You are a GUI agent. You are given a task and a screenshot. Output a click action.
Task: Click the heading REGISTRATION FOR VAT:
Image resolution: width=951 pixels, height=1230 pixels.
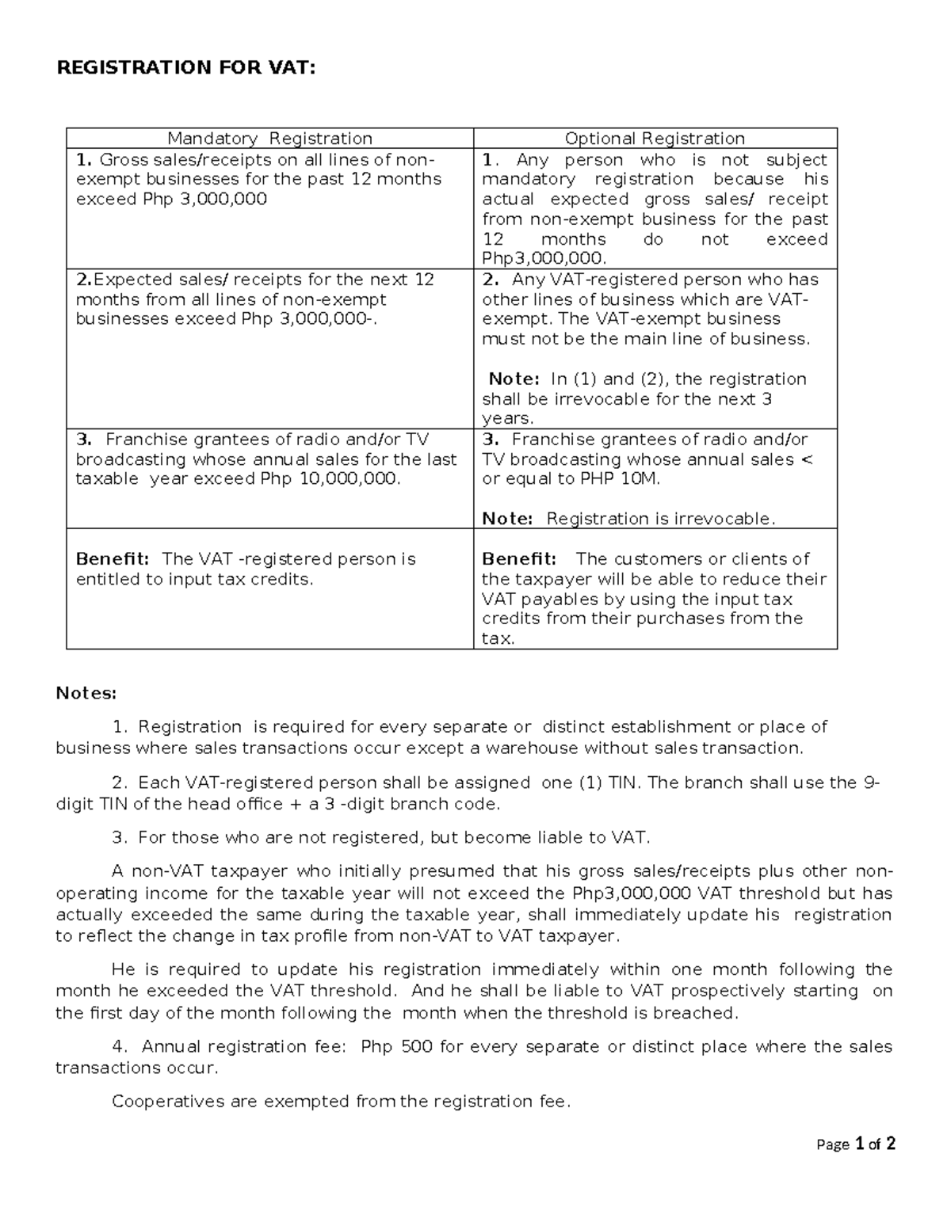(x=185, y=68)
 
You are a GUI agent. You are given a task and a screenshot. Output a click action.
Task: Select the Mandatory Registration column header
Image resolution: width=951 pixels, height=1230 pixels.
(x=269, y=139)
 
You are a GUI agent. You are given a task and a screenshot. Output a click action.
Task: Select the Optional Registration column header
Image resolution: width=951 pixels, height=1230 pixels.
(x=655, y=139)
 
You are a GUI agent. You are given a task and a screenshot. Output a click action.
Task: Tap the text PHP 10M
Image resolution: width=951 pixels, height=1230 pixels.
(x=619, y=479)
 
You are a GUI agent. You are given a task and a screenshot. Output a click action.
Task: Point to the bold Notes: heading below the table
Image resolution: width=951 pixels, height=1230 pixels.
(x=86, y=694)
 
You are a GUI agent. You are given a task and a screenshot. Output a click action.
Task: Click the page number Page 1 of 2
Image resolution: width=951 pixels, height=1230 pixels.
(x=857, y=1144)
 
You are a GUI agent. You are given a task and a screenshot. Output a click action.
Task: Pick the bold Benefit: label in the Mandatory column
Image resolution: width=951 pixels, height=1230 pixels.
(x=112, y=559)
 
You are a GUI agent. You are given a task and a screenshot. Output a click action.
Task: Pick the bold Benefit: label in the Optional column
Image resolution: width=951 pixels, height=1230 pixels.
(x=518, y=559)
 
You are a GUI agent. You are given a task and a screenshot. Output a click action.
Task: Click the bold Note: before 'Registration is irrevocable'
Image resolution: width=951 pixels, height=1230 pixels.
(x=508, y=519)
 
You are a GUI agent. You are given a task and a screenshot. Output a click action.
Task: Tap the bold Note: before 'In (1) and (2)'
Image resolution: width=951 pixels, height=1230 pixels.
(x=514, y=379)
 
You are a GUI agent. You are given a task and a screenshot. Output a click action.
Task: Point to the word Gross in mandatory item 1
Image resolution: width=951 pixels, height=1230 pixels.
(x=117, y=159)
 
